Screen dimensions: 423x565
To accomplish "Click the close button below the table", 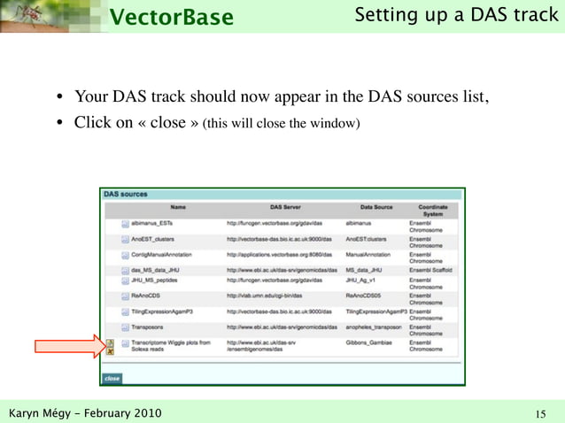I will point(112,378).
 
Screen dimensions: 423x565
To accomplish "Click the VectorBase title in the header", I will point(173,17).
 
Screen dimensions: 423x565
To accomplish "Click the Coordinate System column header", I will point(432,211).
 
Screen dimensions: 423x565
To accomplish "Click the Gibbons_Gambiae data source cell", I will point(370,342).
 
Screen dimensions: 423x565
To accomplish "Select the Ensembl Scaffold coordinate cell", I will point(430,270).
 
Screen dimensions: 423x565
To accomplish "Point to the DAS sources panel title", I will point(126,193).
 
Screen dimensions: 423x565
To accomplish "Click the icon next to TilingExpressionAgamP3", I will point(125,311).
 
